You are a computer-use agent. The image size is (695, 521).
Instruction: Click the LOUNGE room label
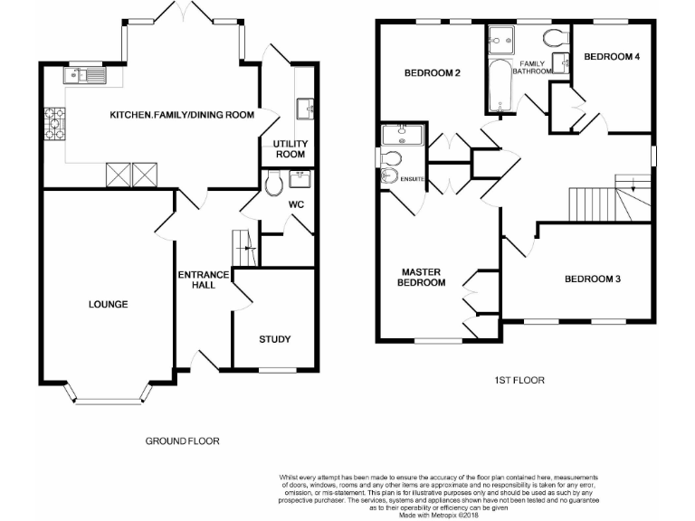point(108,304)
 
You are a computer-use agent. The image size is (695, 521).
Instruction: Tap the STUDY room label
point(274,339)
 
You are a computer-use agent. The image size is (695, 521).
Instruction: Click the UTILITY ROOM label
point(290,149)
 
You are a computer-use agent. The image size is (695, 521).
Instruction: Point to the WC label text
point(296,204)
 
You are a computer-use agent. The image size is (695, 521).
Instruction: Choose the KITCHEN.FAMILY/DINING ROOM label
point(182,115)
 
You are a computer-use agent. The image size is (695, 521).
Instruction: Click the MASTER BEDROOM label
point(424,276)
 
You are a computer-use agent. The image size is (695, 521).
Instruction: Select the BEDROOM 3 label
point(592,279)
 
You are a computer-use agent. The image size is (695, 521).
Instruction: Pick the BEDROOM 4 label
point(612,57)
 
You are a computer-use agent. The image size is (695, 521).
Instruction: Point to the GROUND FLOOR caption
point(183,441)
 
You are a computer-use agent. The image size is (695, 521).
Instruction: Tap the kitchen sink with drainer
point(85,75)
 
